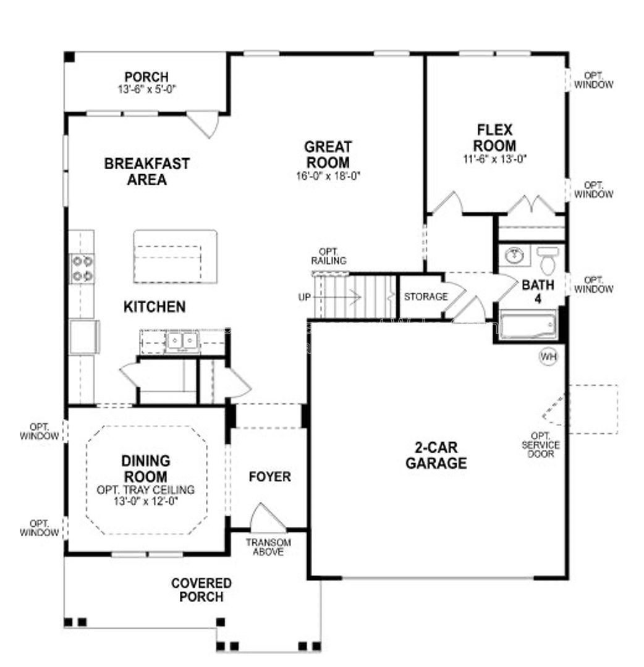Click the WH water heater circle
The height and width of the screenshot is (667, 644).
(548, 356)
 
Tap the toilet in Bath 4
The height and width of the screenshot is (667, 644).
(548, 261)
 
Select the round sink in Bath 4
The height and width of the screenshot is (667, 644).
(515, 255)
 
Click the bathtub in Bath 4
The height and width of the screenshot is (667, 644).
(528, 325)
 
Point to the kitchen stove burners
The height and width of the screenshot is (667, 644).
(83, 269)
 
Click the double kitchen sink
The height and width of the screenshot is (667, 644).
(182, 341)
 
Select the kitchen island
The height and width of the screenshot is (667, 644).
(176, 256)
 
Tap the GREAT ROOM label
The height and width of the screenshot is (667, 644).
(328, 154)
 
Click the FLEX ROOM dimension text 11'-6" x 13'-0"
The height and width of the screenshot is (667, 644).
(495, 159)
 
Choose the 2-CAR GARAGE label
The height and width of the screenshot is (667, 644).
(436, 455)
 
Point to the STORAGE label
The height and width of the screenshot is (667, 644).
(426, 296)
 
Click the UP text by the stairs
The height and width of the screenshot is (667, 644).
(304, 297)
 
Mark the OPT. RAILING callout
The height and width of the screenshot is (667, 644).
(329, 256)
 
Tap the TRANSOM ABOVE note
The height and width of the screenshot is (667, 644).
(268, 547)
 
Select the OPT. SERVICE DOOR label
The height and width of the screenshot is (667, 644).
(541, 445)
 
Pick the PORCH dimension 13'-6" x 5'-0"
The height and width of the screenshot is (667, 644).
(147, 90)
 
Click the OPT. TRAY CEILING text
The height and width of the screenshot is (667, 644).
(146, 490)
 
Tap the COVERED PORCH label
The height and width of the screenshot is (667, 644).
(201, 590)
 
